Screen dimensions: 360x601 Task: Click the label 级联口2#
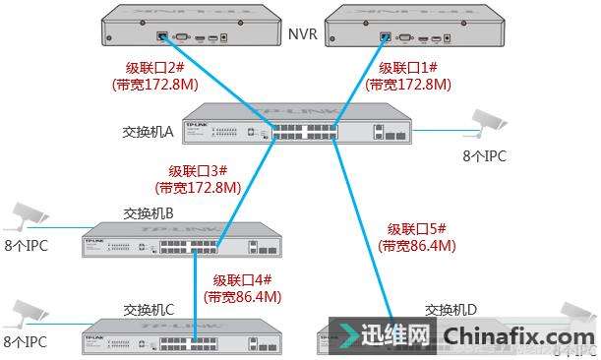pyautogui.click(x=152, y=69)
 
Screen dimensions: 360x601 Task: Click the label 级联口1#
pyautogui.click(x=406, y=69)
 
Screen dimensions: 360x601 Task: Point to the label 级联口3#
pyautogui.click(x=198, y=170)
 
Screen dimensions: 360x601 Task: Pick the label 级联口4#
pyautogui.click(x=242, y=279)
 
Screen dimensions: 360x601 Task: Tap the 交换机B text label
pyautogui.click(x=149, y=212)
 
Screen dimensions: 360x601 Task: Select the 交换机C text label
pyautogui.click(x=149, y=309)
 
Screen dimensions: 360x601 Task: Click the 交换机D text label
pyautogui.click(x=451, y=309)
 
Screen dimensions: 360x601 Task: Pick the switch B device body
pyautogui.click(x=166, y=239)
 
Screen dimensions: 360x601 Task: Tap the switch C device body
pyautogui.click(x=166, y=336)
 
